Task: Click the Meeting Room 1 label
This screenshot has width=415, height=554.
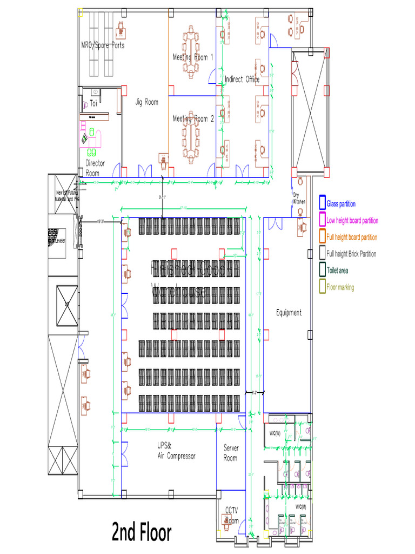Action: pos(193,57)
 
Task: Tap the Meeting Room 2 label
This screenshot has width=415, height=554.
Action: pos(193,118)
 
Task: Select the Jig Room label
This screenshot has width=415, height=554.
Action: pos(146,101)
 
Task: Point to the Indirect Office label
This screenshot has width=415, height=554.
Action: pos(242,80)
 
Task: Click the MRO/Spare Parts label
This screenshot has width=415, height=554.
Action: pos(103,45)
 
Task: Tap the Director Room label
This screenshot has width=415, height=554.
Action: pos(95,168)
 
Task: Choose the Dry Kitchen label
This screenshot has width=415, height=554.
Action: pos(299,198)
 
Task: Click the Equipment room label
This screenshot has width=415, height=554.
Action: pos(289,313)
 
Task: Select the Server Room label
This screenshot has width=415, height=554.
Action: pos(231,453)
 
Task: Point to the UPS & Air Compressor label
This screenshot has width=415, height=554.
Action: pos(176,451)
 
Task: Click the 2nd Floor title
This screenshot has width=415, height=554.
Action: pos(142,532)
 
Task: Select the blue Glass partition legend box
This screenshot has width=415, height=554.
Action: pos(322,203)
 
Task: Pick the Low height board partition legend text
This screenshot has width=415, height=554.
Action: pos(352,221)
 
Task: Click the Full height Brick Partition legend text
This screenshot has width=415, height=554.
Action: pos(351,254)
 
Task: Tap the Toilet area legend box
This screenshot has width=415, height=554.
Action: pos(322,270)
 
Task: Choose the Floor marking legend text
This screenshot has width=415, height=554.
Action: pos(340,287)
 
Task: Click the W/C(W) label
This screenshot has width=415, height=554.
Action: pos(275,433)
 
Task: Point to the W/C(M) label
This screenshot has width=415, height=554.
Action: pos(300,506)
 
